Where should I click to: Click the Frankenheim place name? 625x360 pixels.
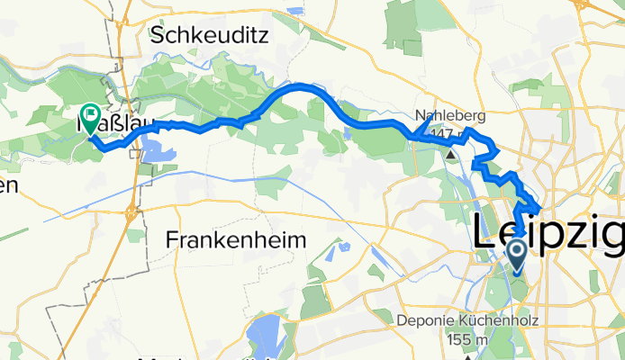[x=237, y=239]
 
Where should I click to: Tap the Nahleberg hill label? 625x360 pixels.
[x=450, y=115]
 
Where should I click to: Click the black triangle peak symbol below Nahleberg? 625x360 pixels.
[x=450, y=152]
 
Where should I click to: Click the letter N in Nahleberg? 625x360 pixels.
[x=421, y=115]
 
